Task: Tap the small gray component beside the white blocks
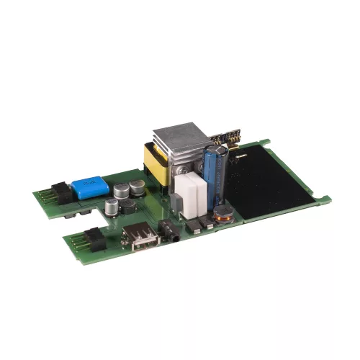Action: coord(193,225)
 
